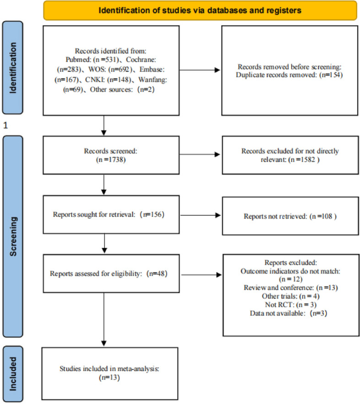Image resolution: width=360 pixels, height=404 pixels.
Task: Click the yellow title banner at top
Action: coord(200,10)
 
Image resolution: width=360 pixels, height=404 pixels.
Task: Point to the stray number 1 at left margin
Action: coord(5,125)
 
